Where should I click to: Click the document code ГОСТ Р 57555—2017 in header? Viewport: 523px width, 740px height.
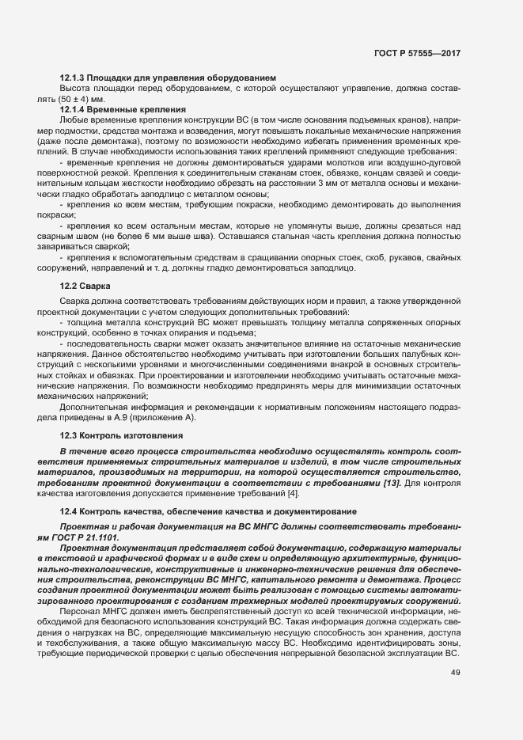(416, 52)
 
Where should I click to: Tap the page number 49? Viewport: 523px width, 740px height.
(456, 673)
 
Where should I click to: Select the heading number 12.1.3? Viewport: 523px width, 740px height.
(74, 78)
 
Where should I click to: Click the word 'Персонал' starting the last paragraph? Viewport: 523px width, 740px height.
(80, 612)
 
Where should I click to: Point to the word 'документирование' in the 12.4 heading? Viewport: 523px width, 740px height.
(320, 511)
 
